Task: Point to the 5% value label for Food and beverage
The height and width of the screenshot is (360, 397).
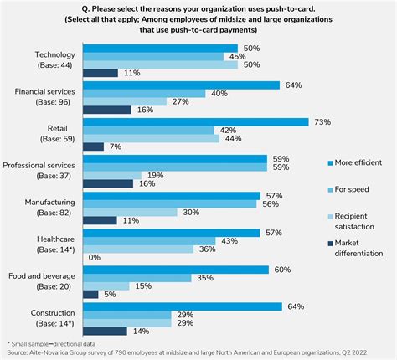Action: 111,294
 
